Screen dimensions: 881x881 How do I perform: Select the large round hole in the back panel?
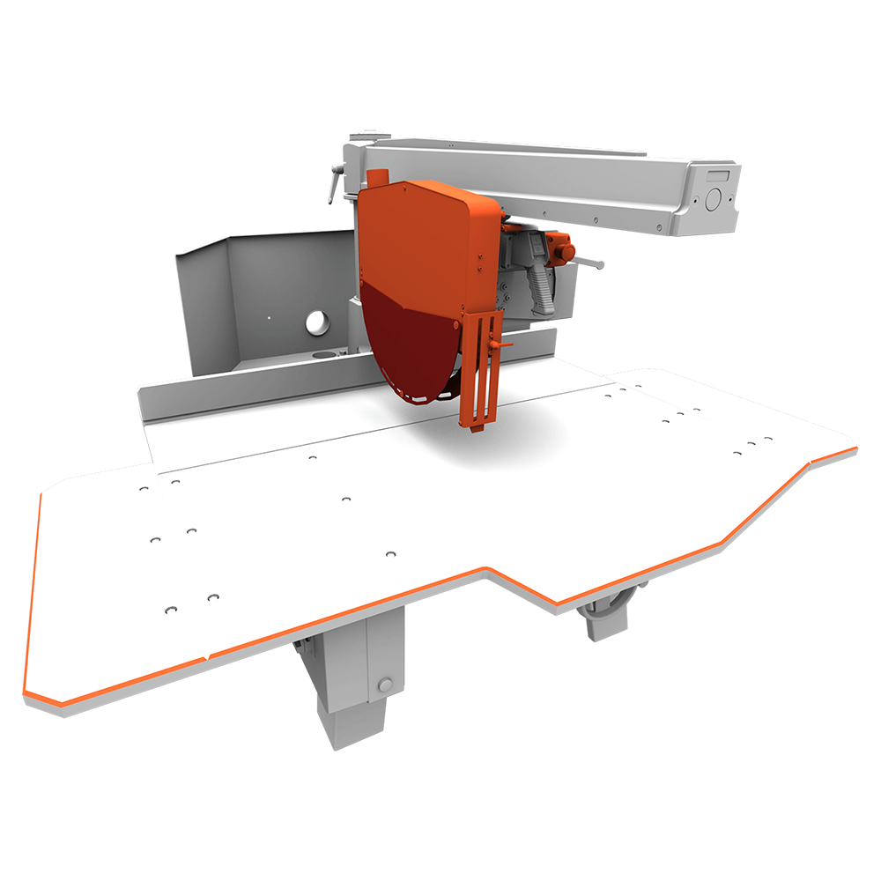[x=316, y=323]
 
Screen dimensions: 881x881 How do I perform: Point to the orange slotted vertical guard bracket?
[x=480, y=370]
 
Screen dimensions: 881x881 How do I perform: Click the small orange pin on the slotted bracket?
[x=505, y=346]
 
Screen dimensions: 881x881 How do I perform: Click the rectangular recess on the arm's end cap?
[x=718, y=175]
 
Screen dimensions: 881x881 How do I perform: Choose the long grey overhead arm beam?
[x=546, y=181]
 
